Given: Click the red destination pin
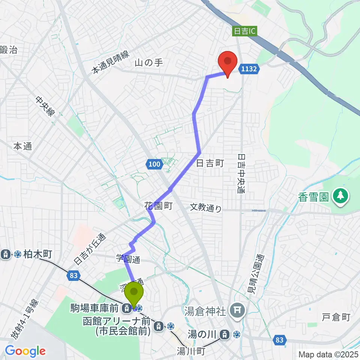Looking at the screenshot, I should coord(227,62).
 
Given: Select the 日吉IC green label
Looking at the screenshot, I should coord(245,31).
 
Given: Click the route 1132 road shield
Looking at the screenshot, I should coord(249,68).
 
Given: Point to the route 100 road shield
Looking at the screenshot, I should coord(154,163).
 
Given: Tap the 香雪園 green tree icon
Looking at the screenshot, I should coord(340,196).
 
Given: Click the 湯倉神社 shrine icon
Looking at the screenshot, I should coord(238,309).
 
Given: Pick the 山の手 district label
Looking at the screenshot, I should coord(148,63).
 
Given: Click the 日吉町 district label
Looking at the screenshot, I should coord(210,163).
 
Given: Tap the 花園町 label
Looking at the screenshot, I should coord(157,205).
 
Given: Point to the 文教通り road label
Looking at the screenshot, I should coord(205,207).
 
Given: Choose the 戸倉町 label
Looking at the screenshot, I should coord(336,317).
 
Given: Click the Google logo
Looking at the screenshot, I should coord(25,351).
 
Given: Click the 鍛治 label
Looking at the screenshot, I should coord(9,49).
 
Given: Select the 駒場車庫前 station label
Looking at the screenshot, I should coord(95,308).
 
